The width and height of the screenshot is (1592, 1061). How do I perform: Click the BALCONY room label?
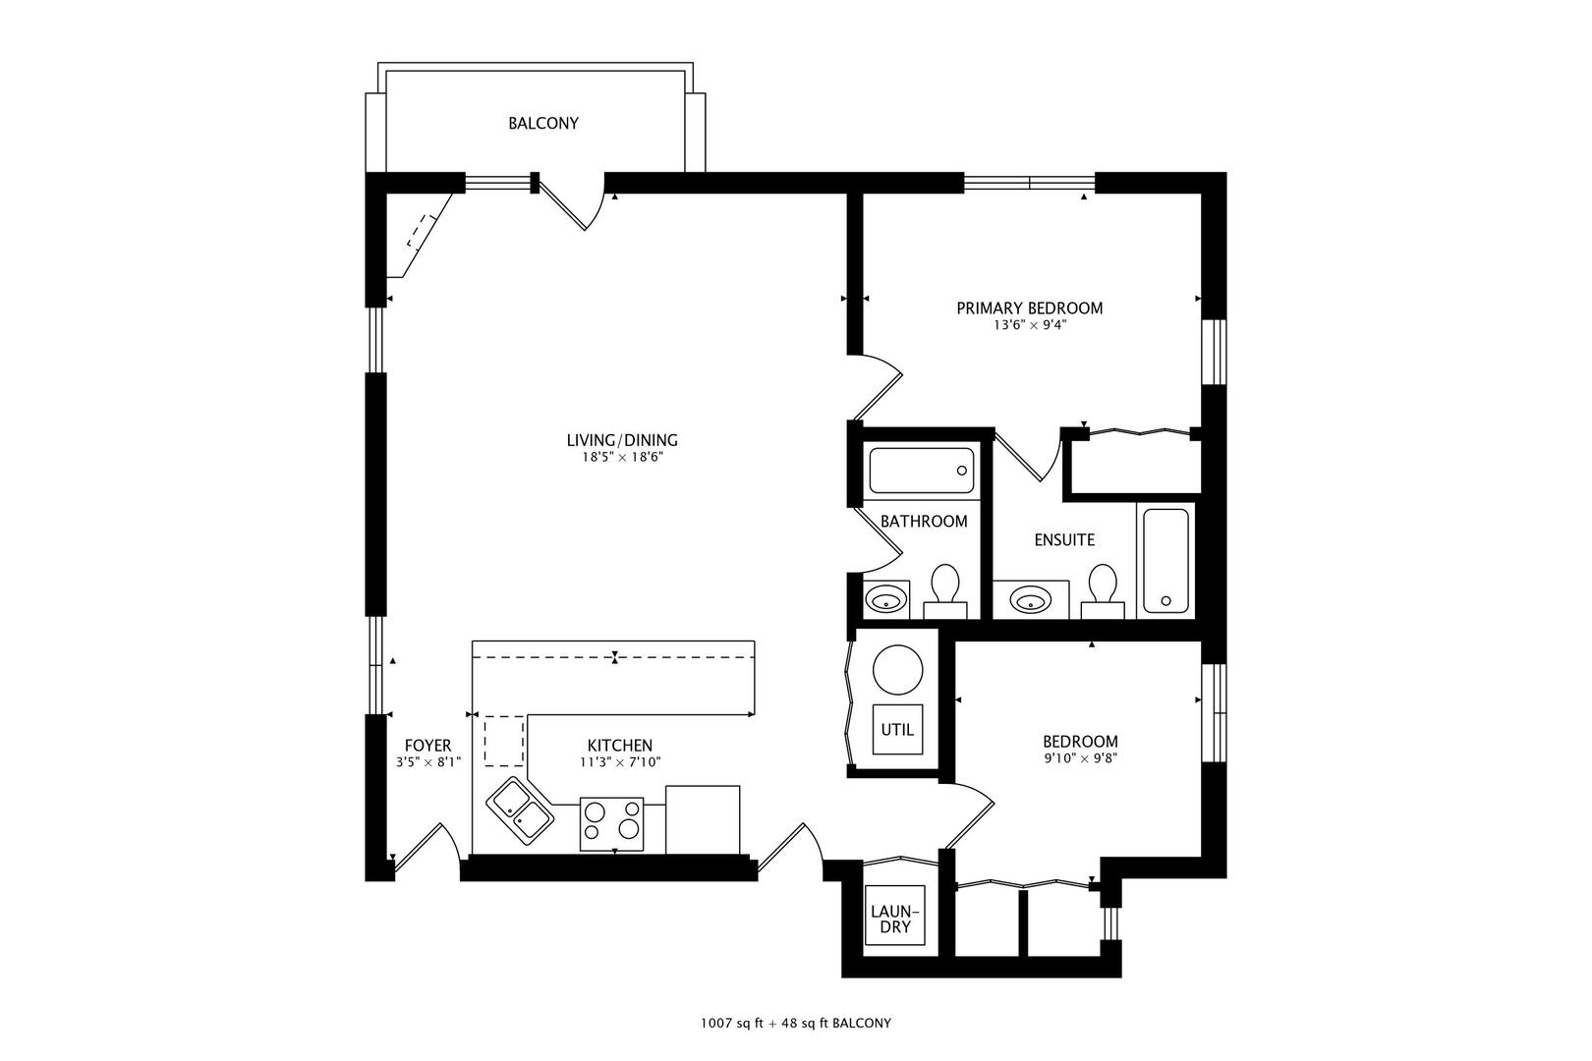[x=543, y=124]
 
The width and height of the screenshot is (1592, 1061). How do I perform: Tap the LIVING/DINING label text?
[x=622, y=440]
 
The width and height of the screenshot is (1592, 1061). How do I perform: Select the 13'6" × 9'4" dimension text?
[x=1030, y=325]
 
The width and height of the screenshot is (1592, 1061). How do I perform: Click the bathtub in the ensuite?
[x=1166, y=561]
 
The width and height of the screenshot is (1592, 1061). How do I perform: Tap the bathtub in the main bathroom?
[x=922, y=471]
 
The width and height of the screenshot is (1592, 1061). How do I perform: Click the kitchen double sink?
[x=520, y=811]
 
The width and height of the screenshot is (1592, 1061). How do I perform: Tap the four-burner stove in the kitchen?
[x=612, y=824]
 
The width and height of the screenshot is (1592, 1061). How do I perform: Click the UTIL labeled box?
[x=897, y=729]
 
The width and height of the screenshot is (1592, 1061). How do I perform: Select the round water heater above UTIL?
[x=897, y=669]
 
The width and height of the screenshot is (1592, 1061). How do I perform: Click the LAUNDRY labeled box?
[x=895, y=916]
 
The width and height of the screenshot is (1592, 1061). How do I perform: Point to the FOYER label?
[x=427, y=746]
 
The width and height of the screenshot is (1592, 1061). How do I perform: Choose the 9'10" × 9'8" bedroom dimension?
[x=1081, y=758]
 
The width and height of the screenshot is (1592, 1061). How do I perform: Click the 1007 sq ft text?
[x=732, y=1024]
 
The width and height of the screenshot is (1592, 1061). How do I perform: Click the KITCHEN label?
[x=620, y=746]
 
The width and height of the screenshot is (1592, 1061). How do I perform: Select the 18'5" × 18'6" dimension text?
[x=623, y=457]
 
